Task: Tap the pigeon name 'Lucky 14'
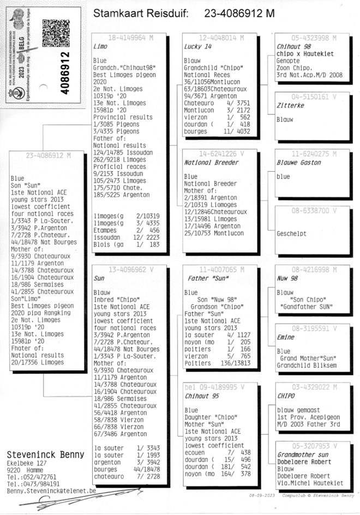(197, 47)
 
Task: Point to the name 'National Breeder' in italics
(212, 162)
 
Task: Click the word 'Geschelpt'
(292, 233)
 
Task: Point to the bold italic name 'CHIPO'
(286, 397)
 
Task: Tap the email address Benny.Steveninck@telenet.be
(51, 490)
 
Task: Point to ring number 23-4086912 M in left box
(49, 155)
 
